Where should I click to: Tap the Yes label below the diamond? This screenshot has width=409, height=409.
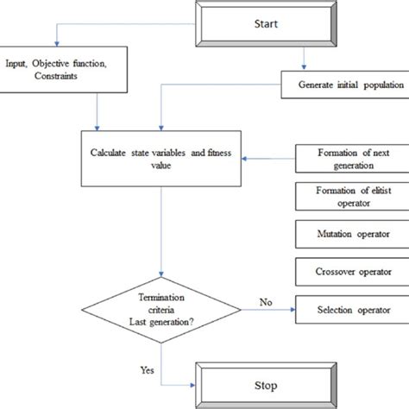click(x=148, y=369)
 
